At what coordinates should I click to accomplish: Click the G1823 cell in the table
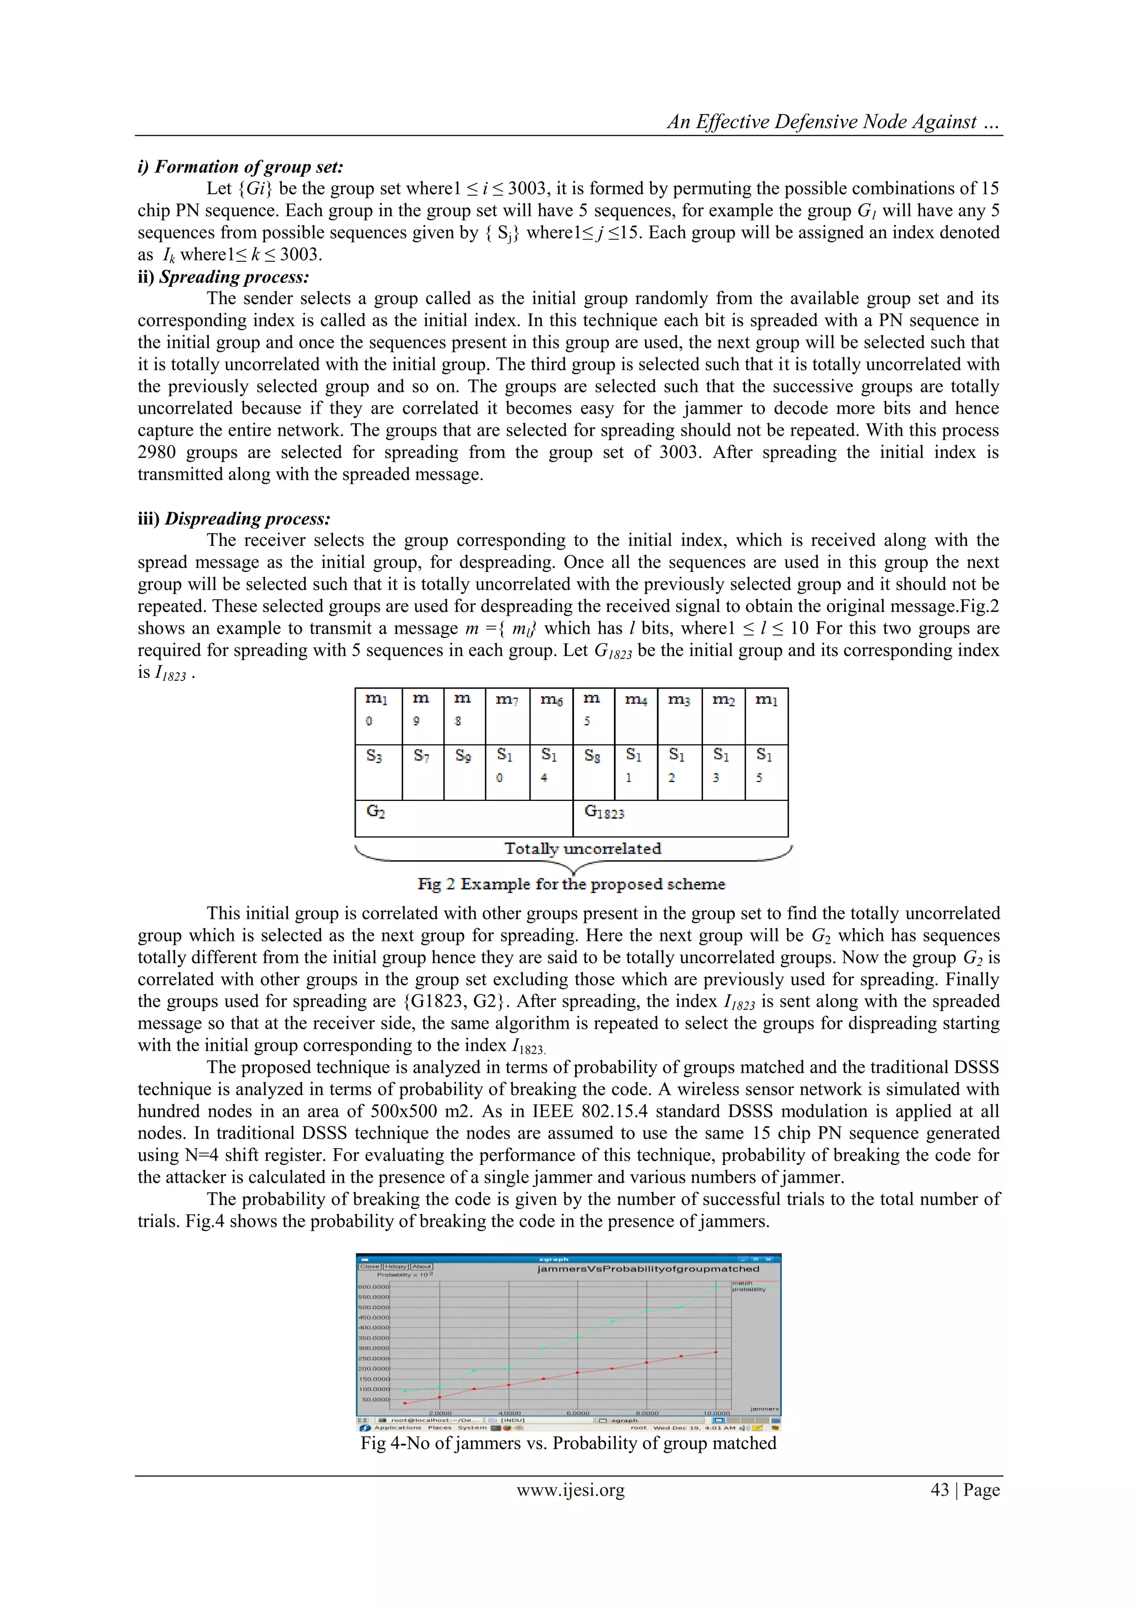(680, 818)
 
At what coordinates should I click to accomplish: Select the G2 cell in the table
(463, 818)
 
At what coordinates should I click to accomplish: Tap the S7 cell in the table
(422, 771)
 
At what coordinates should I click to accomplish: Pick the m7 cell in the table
(507, 715)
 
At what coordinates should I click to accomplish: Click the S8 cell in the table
(593, 771)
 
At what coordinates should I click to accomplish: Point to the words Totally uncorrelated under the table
(582, 849)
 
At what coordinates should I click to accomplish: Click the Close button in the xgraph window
(370, 1266)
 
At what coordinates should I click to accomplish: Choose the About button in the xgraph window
(421, 1266)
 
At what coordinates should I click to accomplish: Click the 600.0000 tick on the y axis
(373, 1287)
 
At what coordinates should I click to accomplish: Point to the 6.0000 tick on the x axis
(577, 1413)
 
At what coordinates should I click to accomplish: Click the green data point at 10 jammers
(716, 1287)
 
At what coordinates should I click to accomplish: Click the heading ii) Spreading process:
(223, 277)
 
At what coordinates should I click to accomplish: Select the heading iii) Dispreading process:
(233, 519)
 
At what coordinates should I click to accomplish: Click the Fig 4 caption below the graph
(568, 1443)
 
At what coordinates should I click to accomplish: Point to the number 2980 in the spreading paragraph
(156, 452)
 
